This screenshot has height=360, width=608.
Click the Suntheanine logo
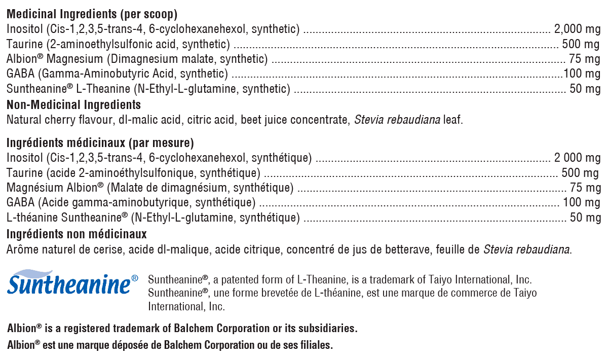tap(72, 283)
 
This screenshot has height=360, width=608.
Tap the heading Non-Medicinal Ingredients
tap(73, 105)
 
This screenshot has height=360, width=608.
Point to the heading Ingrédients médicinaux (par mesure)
tap(100, 143)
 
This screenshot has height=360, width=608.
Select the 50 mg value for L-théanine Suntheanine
tap(585, 219)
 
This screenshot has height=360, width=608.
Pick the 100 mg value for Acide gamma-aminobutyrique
tap(582, 203)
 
